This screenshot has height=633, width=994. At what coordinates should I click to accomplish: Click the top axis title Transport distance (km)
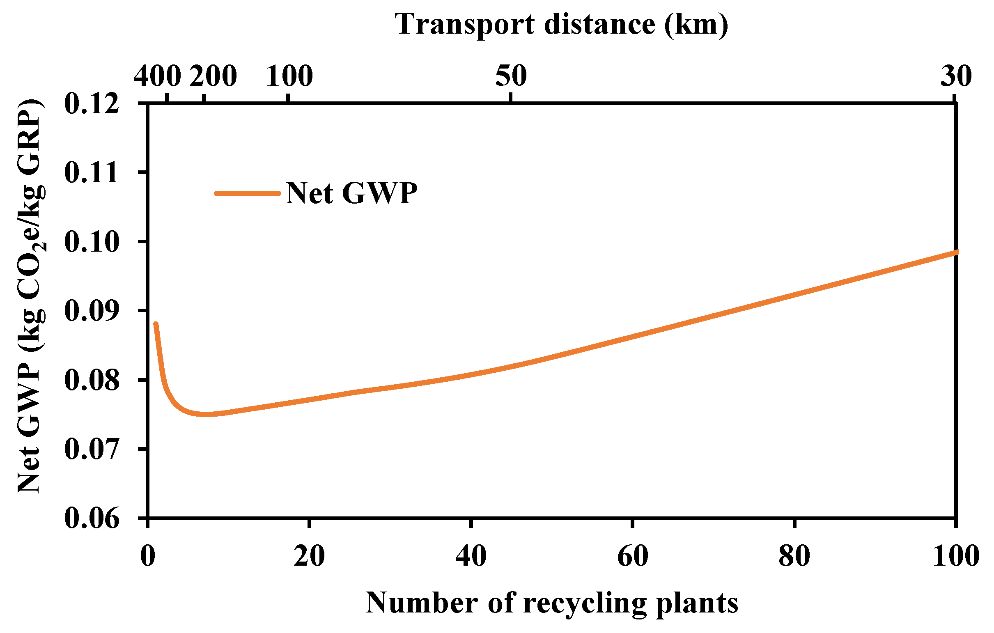click(x=561, y=25)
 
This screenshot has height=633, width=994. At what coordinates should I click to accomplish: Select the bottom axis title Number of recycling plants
click(x=552, y=603)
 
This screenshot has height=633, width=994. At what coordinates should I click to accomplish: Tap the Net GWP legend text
click(x=352, y=193)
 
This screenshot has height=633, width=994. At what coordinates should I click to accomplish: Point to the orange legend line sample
click(x=248, y=193)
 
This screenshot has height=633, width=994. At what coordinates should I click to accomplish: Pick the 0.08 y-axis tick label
click(x=92, y=380)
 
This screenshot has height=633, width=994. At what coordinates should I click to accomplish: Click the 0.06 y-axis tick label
click(x=92, y=519)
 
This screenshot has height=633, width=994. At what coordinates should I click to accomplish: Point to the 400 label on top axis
click(x=158, y=76)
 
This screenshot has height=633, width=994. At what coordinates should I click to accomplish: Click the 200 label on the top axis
click(x=213, y=76)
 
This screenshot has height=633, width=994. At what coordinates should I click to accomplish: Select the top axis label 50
click(x=511, y=76)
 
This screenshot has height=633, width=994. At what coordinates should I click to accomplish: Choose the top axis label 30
click(x=956, y=76)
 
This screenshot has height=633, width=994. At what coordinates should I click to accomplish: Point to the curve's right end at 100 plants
click(x=955, y=252)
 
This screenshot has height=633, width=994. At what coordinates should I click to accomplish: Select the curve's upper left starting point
click(x=156, y=324)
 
